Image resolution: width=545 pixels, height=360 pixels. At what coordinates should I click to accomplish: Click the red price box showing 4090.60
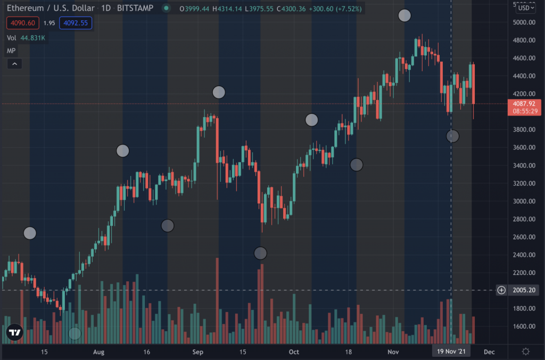22,23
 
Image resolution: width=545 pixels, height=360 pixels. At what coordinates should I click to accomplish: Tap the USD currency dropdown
526,7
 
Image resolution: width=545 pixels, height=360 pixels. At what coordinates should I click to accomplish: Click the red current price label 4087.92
524,104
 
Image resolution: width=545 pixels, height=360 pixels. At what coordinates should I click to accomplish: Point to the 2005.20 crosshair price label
524,290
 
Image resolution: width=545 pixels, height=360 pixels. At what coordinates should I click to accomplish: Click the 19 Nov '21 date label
451,351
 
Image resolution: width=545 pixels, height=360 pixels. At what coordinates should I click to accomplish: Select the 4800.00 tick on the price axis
524,40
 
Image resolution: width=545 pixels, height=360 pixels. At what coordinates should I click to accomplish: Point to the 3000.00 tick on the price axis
524,202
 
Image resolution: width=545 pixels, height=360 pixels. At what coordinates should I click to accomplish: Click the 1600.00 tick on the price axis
524,326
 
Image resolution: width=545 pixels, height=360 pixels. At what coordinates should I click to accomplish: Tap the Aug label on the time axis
98,351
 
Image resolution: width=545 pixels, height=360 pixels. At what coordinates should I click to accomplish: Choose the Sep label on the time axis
198,351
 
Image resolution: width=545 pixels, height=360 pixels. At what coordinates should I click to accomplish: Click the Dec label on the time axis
489,351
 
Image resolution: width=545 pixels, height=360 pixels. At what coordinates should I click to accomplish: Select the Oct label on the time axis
293,351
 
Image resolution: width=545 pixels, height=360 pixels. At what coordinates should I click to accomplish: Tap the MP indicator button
11,51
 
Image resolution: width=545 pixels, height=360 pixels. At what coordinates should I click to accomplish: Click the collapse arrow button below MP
14,64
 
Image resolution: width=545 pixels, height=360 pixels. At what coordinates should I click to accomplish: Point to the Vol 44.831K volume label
26,38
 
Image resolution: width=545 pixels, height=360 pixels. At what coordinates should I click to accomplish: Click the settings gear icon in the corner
526,351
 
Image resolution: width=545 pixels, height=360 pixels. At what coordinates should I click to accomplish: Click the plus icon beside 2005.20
501,290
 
